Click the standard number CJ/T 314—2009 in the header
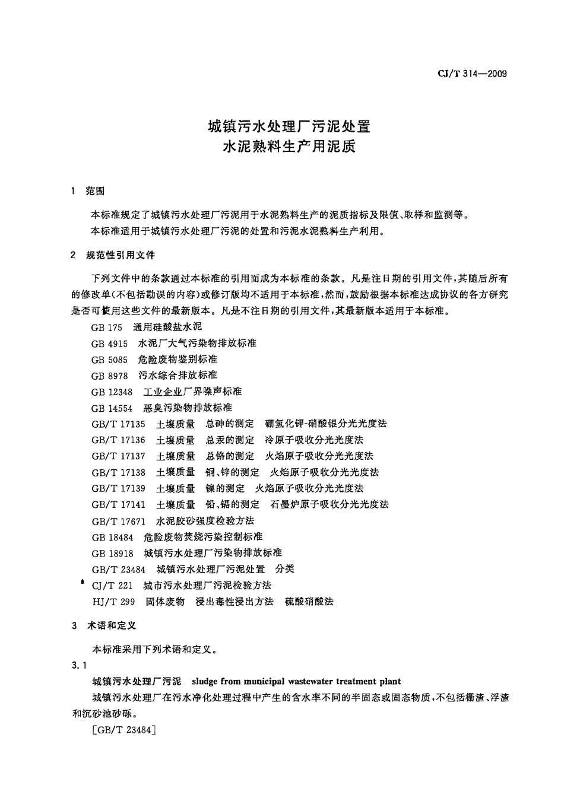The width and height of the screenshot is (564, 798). tap(472, 74)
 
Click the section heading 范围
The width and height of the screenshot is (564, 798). tap(95, 190)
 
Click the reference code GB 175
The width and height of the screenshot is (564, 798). tap(106, 327)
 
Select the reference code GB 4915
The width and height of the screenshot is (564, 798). tap(109, 343)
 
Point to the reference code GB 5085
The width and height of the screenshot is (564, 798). tap(109, 359)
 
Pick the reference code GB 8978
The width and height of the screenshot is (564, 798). tap(109, 376)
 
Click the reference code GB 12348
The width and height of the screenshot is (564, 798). tap(112, 392)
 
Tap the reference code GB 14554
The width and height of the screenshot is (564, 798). tap(112, 408)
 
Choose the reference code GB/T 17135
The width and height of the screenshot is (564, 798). tap(118, 424)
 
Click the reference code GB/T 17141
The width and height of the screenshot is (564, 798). tap(118, 504)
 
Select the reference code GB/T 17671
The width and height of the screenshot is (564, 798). tap(118, 521)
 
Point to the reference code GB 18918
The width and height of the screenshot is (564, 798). tap(112, 553)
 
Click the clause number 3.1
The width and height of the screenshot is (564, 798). tap(79, 665)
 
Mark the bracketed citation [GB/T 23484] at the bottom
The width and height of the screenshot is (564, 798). tap(124, 730)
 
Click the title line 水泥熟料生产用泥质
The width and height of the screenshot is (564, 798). tap(289, 147)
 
